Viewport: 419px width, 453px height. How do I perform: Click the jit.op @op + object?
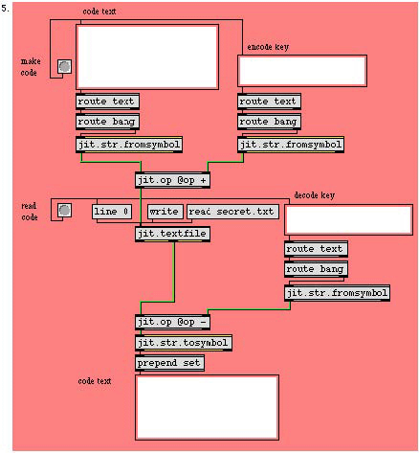tap(172, 180)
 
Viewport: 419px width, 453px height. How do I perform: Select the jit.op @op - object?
tap(172, 322)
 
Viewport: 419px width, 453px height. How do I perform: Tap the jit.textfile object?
tap(172, 234)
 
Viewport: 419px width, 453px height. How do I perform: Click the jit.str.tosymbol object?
tap(184, 343)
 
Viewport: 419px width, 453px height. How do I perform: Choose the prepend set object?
tap(169, 363)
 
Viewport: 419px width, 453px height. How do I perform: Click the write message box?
tap(165, 212)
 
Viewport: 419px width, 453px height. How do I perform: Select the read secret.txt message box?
tap(232, 212)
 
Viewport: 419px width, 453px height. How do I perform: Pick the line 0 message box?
tap(112, 212)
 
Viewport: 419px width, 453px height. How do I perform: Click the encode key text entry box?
tap(302, 71)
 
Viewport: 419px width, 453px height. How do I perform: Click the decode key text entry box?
tap(348, 219)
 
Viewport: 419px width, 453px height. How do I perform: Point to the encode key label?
tap(268, 47)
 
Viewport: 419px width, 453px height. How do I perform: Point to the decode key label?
tap(315, 195)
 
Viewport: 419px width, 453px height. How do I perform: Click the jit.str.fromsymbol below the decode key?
tap(337, 293)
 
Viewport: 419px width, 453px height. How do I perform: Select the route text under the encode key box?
tap(269, 102)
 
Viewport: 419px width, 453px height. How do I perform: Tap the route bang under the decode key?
tap(316, 269)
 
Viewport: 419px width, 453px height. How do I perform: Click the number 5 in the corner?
tap(5, 9)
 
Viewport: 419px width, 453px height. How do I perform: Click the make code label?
tap(31, 67)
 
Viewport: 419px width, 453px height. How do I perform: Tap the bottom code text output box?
tap(207, 408)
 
